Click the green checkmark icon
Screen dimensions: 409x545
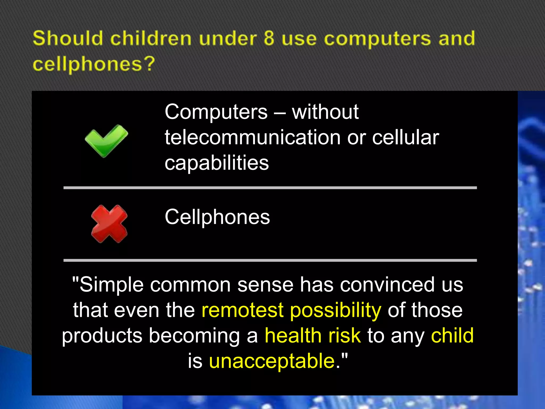pyautogui.click(x=106, y=141)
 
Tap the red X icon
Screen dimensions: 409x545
pyautogui.click(x=109, y=224)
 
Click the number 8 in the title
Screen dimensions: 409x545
pyautogui.click(x=269, y=38)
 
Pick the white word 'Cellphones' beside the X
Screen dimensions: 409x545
pyautogui.click(x=217, y=217)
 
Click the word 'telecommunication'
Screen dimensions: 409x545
pyautogui.click(x=253, y=137)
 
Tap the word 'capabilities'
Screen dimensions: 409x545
pyautogui.click(x=217, y=163)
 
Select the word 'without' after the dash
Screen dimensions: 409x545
pyautogui.click(x=325, y=112)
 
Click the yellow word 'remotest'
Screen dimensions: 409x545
pyautogui.click(x=242, y=310)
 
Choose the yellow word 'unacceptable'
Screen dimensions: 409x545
pyautogui.click(x=272, y=361)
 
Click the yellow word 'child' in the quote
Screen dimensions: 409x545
pyautogui.click(x=452, y=336)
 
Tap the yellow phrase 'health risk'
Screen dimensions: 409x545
pyautogui.click(x=313, y=336)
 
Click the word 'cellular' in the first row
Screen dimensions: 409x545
pyautogui.click(x=406, y=137)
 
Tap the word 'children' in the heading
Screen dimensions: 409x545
pyautogui.click(x=151, y=38)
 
